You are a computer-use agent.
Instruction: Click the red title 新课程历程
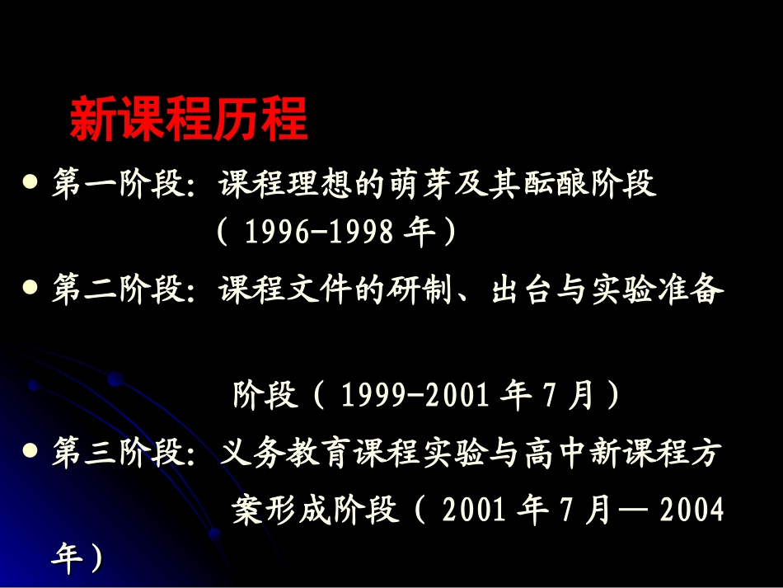(188, 120)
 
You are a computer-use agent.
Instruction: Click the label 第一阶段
(116, 184)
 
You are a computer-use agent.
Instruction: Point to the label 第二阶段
(116, 291)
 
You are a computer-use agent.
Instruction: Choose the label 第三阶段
(116, 454)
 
